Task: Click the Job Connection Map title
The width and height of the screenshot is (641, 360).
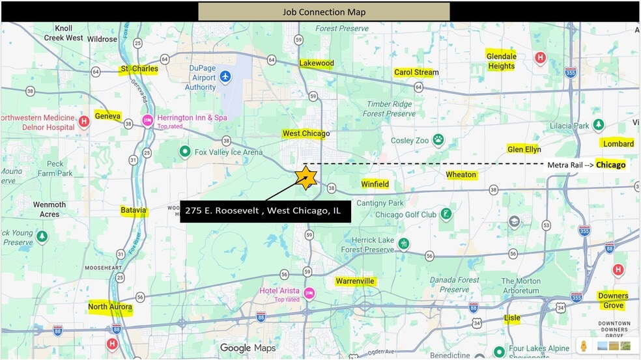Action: (324, 12)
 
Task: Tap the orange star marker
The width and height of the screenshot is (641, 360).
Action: (306, 178)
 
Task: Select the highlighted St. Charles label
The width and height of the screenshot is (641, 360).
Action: (139, 69)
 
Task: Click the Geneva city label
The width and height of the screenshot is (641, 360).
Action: (107, 116)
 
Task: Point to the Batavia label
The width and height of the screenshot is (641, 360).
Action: (134, 210)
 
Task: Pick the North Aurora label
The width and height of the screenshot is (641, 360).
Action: (110, 307)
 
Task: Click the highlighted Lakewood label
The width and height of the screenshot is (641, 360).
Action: (317, 63)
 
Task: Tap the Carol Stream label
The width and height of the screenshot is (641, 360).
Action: (416, 72)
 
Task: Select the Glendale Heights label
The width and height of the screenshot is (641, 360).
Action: (501, 61)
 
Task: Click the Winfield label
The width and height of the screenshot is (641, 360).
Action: (375, 184)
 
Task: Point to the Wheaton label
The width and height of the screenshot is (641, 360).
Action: (461, 174)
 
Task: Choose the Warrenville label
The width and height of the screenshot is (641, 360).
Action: (355, 281)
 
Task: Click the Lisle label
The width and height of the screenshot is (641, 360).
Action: (512, 318)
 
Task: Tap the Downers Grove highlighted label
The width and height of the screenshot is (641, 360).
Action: (613, 301)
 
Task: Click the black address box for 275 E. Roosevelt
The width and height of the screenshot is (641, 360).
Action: (265, 211)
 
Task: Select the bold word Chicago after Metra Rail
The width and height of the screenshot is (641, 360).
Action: (610, 165)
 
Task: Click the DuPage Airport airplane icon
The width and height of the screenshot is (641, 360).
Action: (225, 76)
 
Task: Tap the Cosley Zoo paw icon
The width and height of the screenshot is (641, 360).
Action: (439, 139)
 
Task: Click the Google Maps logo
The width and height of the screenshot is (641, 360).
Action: (248, 348)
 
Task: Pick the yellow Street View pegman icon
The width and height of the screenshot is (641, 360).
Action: (584, 346)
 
